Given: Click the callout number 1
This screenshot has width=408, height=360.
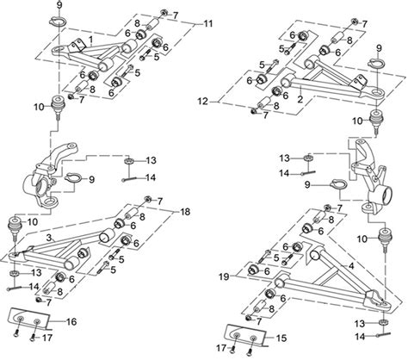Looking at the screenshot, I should [x=92, y=40].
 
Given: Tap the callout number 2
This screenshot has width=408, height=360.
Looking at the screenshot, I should [x=299, y=99].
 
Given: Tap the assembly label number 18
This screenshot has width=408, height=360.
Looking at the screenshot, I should [x=184, y=211].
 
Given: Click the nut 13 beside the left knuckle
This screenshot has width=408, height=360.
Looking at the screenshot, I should [x=127, y=160].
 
